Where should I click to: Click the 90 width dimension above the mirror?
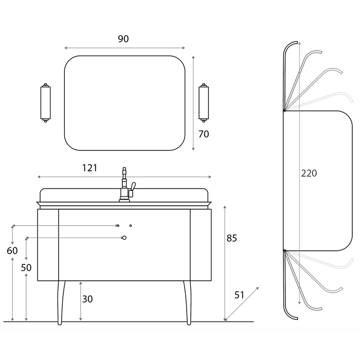click(123, 39)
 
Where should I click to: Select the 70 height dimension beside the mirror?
click(204, 134)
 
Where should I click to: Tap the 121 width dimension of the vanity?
click(90, 168)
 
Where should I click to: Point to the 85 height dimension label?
click(231, 238)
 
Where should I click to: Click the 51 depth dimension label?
click(239, 295)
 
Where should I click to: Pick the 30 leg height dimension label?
click(87, 299)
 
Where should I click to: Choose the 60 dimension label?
click(12, 251)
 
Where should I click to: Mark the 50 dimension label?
click(26, 268)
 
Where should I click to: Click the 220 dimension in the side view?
click(309, 173)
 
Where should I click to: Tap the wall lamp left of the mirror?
click(45, 103)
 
